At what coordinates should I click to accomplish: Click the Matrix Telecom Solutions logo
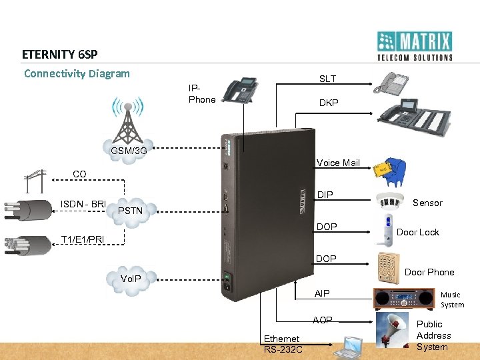pos(414,46)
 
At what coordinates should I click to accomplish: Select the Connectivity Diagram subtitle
pos(77,73)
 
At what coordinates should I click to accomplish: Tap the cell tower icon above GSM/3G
pos(127,121)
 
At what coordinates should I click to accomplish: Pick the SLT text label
pos(327,79)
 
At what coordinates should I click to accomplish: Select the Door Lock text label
pos(418,232)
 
